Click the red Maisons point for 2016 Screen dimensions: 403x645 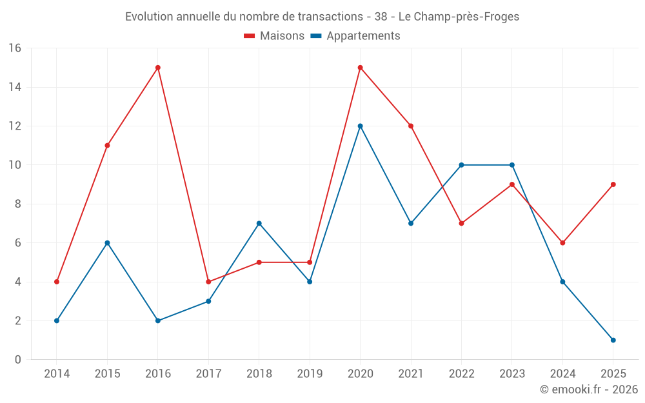pyautogui.click(x=158, y=68)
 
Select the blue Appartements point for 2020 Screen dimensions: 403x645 pyautogui.click(x=360, y=126)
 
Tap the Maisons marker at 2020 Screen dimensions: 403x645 pyautogui.click(x=360, y=68)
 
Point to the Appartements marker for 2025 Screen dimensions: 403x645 pyautogui.click(x=613, y=340)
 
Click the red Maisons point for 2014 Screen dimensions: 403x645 pyautogui.click(x=57, y=282)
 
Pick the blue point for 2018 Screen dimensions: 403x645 pyautogui.click(x=259, y=223)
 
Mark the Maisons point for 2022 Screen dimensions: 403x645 pyautogui.click(x=461, y=223)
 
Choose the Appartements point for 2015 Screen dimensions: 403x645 pyautogui.click(x=107, y=243)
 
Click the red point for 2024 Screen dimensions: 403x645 pyautogui.click(x=562, y=243)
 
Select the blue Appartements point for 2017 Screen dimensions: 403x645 pyautogui.click(x=208, y=301)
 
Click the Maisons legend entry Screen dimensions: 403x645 pyautogui.click(x=274, y=36)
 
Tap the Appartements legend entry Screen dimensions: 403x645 pyautogui.click(x=355, y=36)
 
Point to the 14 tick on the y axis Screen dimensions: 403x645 pyautogui.click(x=14, y=87)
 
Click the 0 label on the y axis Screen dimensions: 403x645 pyautogui.click(x=17, y=359)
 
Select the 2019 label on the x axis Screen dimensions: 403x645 pyautogui.click(x=310, y=374)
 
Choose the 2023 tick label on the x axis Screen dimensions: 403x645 pyautogui.click(x=512, y=374)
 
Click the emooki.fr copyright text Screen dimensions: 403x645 pyautogui.click(x=588, y=389)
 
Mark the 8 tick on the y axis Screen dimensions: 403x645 pyautogui.click(x=17, y=204)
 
